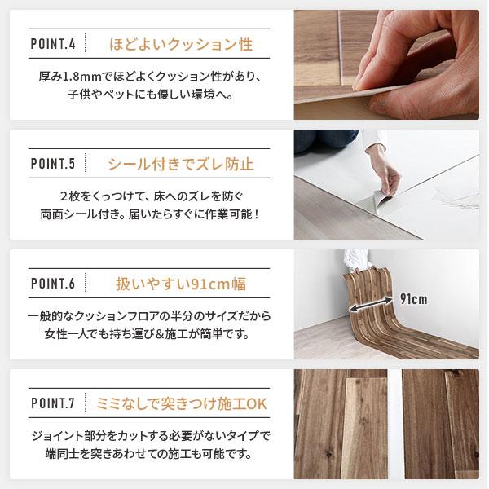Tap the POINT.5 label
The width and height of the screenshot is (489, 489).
pyautogui.click(x=52, y=165)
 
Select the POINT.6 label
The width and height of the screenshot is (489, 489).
pyautogui.click(x=52, y=284)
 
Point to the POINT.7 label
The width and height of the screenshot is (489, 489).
pyautogui.click(x=52, y=403)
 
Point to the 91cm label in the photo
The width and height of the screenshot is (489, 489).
pyautogui.click(x=413, y=298)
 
